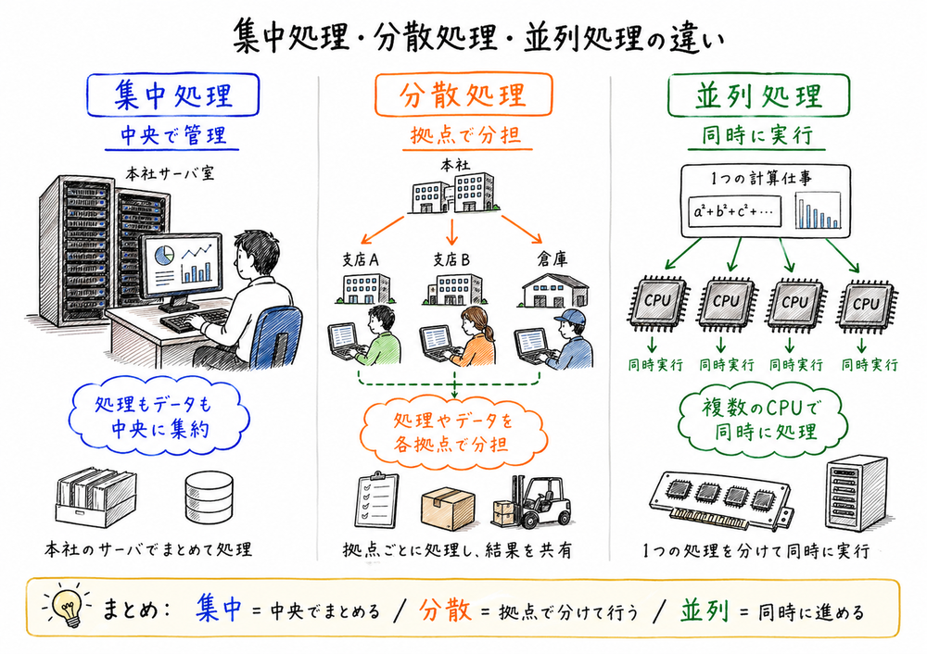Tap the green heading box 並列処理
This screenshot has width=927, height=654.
point(758,95)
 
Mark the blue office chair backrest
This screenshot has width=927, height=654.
point(274,334)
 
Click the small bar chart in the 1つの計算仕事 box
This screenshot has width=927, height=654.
point(817,211)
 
